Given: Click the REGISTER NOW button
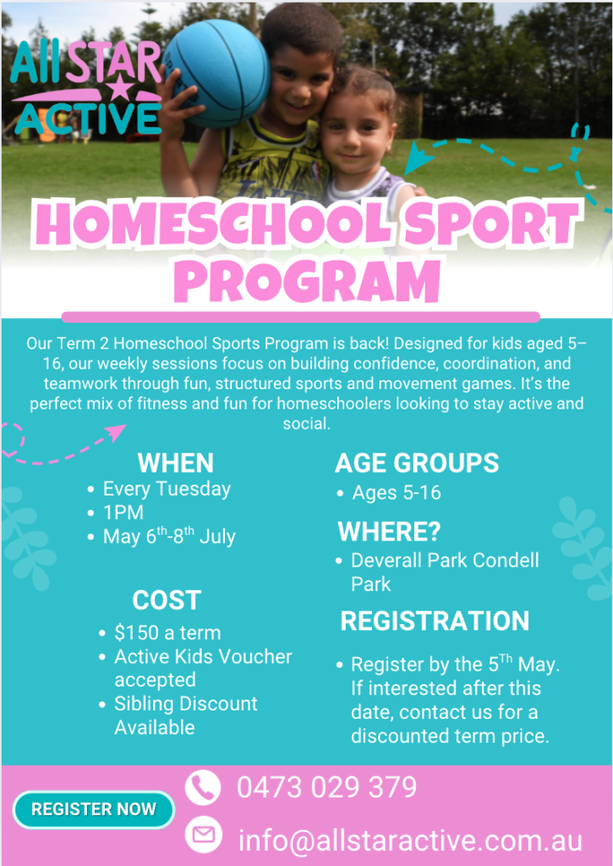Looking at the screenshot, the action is click(94, 809).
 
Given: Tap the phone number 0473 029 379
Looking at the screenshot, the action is click(327, 787).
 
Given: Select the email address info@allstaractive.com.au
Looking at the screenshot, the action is click(410, 840).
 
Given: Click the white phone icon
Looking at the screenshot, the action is click(203, 787).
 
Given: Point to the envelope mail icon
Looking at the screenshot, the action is click(203, 835).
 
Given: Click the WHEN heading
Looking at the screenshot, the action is click(176, 463).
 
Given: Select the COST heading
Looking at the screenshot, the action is click(167, 600).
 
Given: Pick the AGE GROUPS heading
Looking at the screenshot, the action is click(417, 463).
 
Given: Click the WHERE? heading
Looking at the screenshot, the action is click(389, 531).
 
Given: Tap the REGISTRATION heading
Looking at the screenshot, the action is click(435, 621).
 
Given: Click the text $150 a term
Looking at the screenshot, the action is click(167, 633).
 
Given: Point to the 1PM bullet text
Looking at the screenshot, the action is click(123, 512).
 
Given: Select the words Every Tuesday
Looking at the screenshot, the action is click(167, 490).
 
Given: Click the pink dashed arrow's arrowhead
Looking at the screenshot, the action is click(117, 432).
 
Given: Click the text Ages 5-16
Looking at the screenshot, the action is click(397, 493).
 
